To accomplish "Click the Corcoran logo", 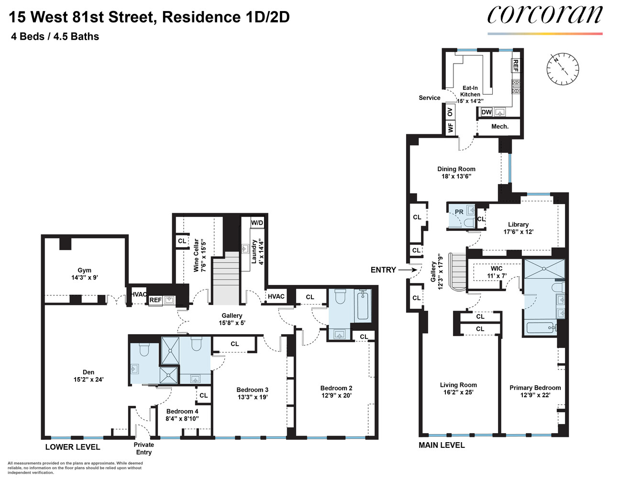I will point(544,15).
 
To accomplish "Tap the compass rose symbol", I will point(563,69).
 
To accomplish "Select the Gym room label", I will point(85,270).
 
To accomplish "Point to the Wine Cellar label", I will point(196,255).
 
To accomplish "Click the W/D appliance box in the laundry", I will point(257,223).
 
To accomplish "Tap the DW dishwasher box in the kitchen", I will point(486,112).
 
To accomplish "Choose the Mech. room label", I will point(500,126).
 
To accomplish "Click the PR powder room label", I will point(459,212).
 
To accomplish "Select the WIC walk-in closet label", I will point(497,269).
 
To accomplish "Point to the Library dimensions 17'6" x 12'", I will point(519,232).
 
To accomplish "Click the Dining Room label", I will point(456,169).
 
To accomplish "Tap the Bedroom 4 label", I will point(182,411).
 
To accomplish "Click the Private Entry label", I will point(144,448).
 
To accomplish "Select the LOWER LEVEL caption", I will point(73,447).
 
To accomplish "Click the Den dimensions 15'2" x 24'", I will point(88,380).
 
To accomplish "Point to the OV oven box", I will point(450,112).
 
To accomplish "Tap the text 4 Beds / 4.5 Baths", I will point(55,37).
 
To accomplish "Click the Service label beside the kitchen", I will point(430,98).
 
